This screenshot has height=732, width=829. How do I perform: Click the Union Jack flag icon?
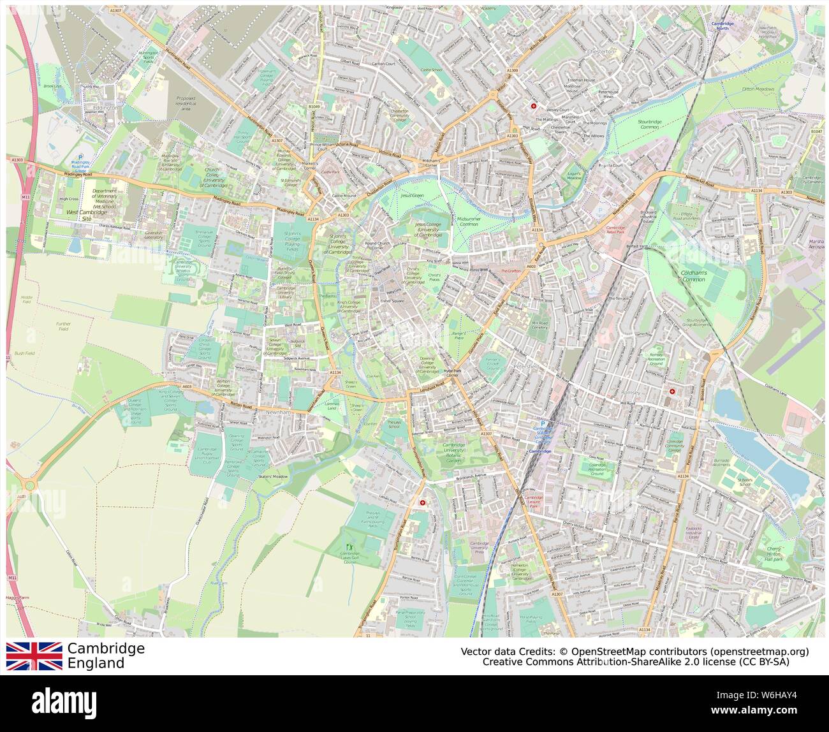click(34, 655)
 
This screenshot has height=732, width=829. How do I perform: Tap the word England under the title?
click(96, 663)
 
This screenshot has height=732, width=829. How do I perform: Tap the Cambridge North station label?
click(722, 26)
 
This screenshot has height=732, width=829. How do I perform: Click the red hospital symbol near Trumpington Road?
click(422, 503)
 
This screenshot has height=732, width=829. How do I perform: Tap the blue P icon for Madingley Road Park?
click(80, 157)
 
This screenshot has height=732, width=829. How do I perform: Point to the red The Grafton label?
click(510, 271)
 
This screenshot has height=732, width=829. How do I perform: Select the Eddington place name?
click(105, 108)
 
